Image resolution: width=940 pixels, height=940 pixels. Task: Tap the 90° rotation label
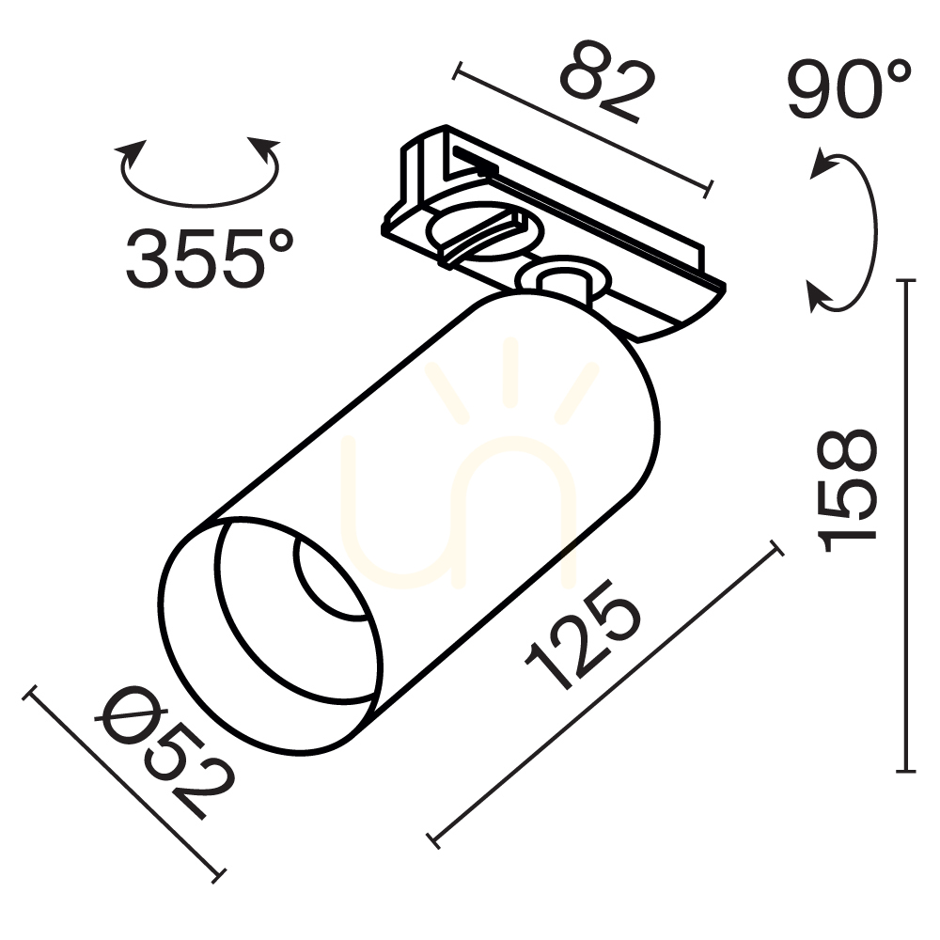850,88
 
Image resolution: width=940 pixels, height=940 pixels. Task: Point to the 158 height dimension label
847,491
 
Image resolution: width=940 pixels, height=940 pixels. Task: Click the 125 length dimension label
584,635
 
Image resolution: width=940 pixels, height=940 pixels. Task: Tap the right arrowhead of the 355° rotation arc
264,149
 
